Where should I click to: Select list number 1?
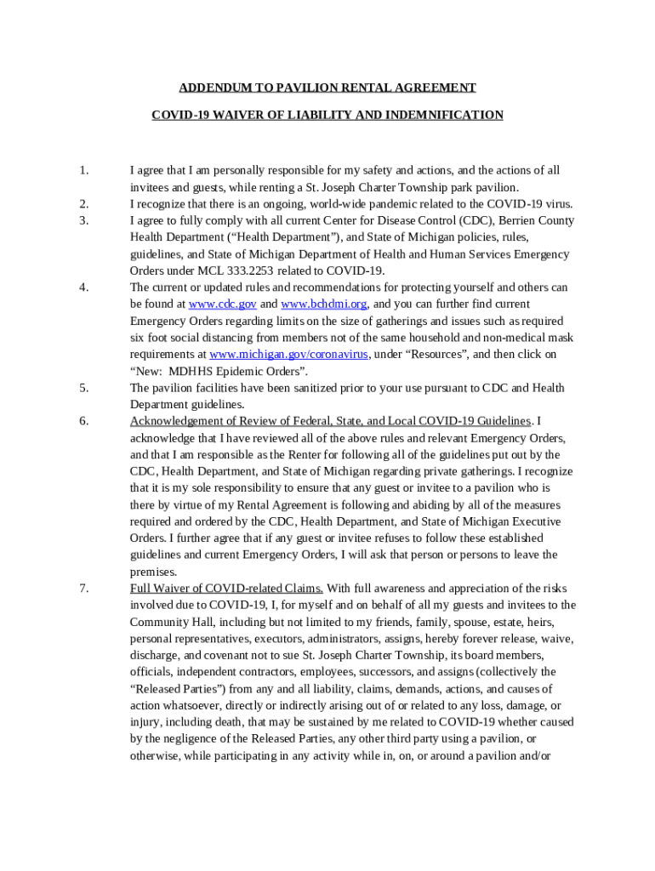click(x=84, y=171)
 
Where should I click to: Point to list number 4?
click(x=84, y=287)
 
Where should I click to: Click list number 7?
click(x=84, y=589)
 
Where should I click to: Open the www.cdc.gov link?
click(x=222, y=305)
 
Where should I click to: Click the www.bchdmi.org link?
click(x=324, y=305)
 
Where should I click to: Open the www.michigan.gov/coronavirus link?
click(x=289, y=355)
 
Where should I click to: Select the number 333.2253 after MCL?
click(x=230, y=271)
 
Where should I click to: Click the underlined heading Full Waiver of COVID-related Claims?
click(x=226, y=589)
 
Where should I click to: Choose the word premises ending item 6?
click(x=153, y=572)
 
